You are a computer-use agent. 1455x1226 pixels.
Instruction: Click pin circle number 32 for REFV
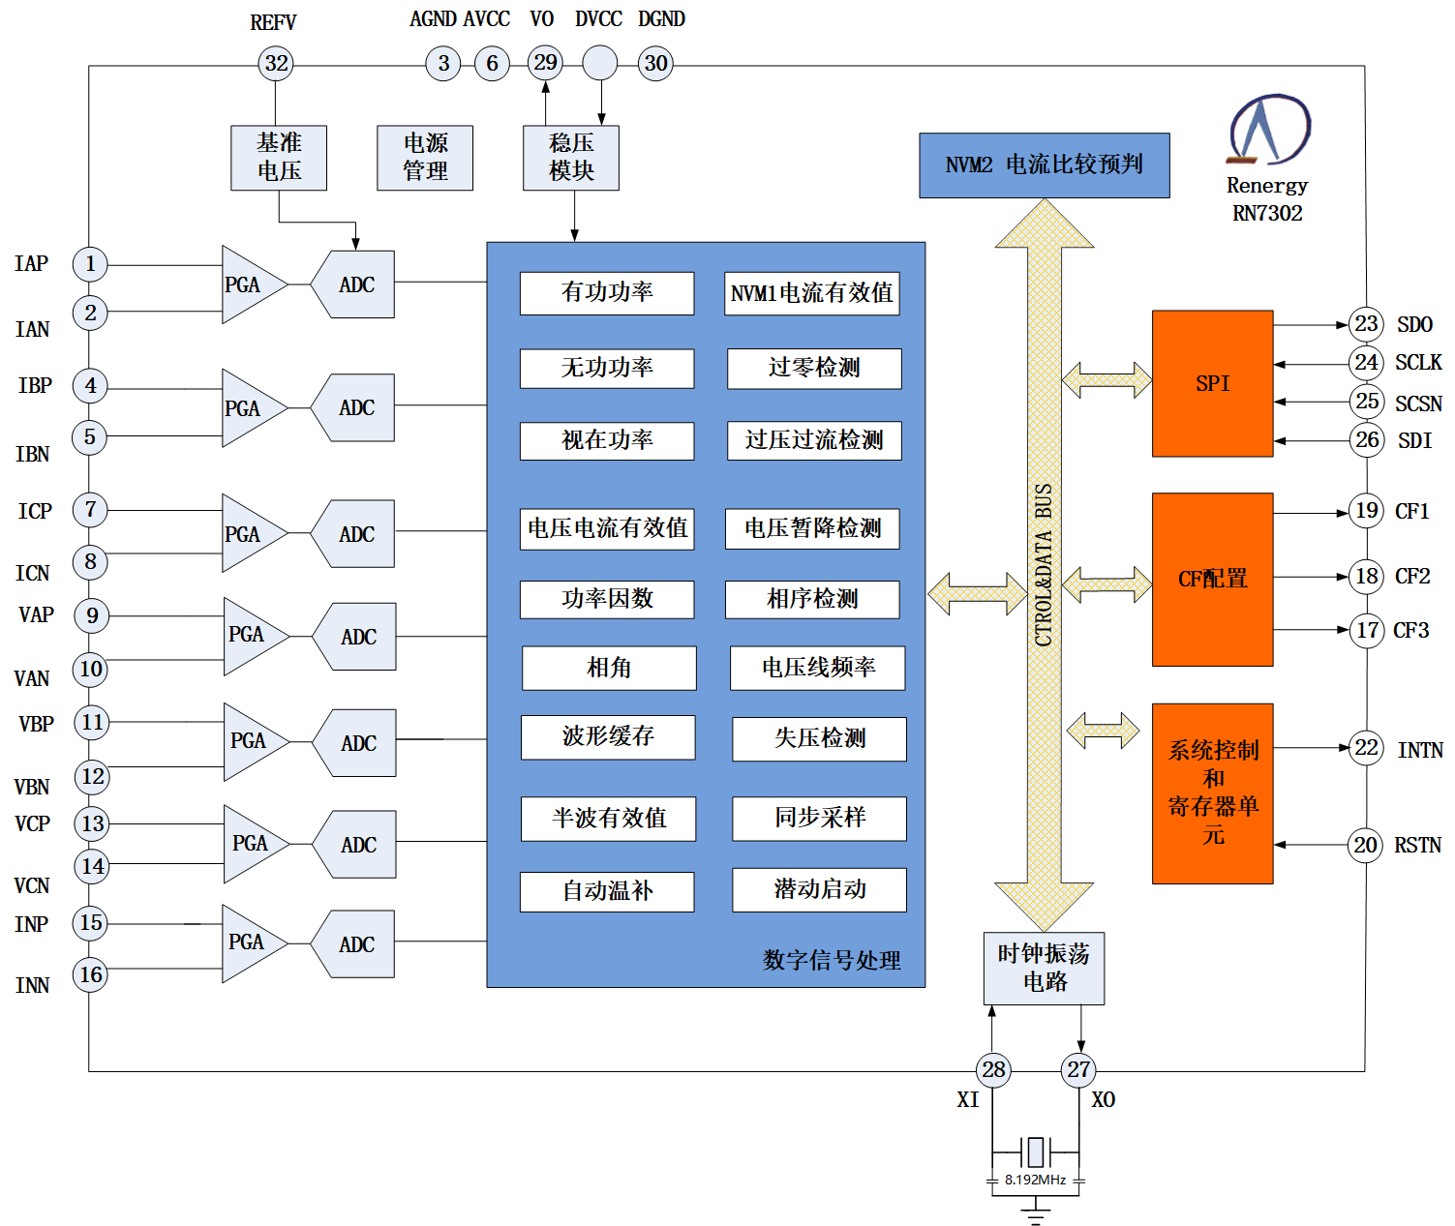[276, 64]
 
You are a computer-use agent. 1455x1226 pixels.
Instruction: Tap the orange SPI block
[1212, 383]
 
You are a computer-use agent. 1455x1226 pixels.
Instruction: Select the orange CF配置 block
[1212, 579]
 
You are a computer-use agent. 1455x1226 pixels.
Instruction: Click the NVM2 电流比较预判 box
[1044, 165]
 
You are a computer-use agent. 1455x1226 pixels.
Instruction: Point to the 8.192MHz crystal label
[1035, 1180]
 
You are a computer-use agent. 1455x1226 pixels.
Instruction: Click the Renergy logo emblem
[1268, 130]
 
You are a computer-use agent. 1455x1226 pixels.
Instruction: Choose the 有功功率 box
[607, 293]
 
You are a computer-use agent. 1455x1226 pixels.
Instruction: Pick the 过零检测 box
[814, 369]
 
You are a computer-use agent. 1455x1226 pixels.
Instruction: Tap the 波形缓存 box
[608, 737]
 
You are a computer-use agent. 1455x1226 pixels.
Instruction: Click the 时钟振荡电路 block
[1044, 969]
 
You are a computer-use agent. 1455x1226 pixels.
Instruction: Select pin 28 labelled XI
[993, 1069]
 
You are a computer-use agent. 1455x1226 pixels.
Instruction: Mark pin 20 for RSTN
[1365, 845]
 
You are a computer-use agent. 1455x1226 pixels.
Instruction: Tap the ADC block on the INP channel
[355, 944]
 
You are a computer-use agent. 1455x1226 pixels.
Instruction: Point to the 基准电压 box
[279, 158]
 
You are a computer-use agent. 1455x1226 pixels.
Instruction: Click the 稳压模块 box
[571, 158]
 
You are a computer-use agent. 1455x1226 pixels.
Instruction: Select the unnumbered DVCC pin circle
[599, 64]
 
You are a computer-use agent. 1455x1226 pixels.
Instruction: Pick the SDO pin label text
[1414, 324]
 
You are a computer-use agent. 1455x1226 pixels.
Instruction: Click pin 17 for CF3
[1367, 631]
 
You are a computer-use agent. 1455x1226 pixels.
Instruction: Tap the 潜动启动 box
[819, 890]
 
